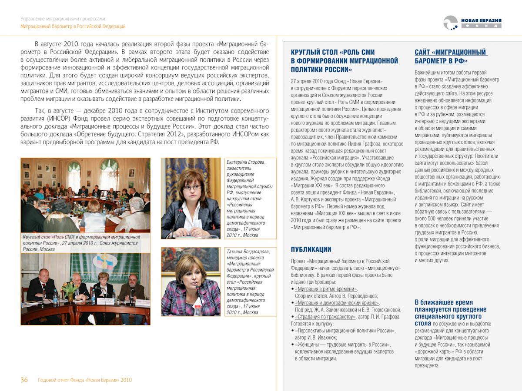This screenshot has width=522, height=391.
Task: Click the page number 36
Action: click(24, 380)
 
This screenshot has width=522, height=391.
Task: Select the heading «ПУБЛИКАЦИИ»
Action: click(311, 249)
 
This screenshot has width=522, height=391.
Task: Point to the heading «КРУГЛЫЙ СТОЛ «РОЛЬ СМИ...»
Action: click(344, 60)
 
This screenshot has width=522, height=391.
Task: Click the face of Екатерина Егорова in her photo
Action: click(192, 187)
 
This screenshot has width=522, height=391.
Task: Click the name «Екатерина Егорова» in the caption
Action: click(246, 162)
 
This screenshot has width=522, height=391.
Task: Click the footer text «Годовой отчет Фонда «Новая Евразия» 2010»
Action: click(85, 380)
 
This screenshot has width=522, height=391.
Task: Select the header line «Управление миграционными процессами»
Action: click(63, 19)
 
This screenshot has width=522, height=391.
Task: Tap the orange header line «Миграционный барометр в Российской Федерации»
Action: click(73, 27)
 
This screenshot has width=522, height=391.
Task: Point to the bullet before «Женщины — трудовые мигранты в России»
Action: click(292, 345)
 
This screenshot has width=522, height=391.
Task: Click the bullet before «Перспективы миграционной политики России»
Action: click(292, 331)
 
